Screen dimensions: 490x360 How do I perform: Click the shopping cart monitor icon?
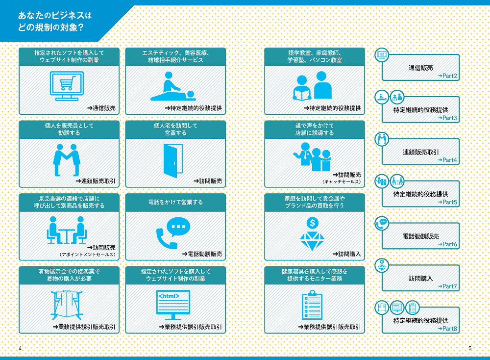[67, 86]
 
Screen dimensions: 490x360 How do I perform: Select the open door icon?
[173, 161]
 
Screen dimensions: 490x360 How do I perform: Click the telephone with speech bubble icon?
[173, 233]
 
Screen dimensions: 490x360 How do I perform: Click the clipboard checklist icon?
[312, 305]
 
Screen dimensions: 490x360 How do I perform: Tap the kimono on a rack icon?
[67, 304]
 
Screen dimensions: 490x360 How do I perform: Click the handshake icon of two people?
[67, 160]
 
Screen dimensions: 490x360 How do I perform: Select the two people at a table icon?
[67, 230]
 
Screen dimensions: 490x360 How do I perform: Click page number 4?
[20, 348]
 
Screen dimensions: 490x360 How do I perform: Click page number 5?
[470, 348]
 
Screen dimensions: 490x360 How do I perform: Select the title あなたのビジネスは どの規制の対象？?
[55, 21]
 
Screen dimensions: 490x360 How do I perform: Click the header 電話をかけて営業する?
[175, 203]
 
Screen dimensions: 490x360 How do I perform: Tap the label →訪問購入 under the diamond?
[346, 254]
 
